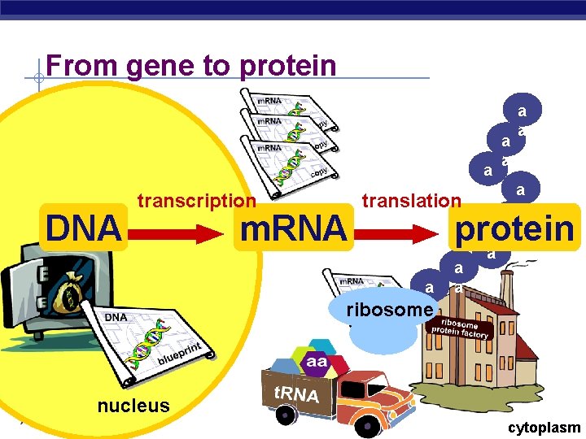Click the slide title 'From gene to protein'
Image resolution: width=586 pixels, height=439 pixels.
[x=191, y=64]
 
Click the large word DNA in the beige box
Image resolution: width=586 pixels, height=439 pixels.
[x=85, y=229]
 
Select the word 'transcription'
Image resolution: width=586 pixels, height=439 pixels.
[x=196, y=200]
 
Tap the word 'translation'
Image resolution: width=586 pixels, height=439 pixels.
[x=411, y=200]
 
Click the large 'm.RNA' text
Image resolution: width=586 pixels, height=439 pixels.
[x=292, y=229]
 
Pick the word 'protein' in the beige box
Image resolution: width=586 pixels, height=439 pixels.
[x=514, y=228]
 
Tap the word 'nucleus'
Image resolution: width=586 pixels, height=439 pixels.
[x=133, y=405]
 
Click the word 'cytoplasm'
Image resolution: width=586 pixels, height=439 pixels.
[x=544, y=428]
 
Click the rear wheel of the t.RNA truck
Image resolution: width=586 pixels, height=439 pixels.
[x=285, y=415]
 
